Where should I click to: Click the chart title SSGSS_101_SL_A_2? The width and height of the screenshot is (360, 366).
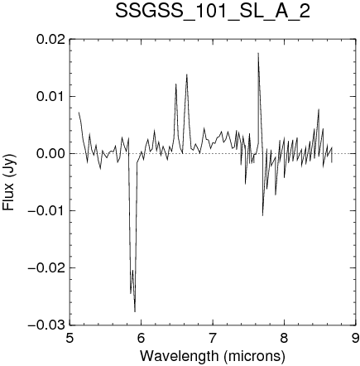[213, 12]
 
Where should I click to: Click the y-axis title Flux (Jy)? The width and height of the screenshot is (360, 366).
[9, 182]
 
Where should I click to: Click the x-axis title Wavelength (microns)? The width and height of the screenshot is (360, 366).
[213, 355]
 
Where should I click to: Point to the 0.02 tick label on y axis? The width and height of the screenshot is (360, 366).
[51, 40]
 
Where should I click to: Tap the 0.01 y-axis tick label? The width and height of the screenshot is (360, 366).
[51, 97]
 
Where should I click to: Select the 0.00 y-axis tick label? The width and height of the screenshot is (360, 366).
[51, 154]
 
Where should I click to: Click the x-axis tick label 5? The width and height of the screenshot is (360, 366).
[70, 338]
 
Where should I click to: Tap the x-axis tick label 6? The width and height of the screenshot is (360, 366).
[142, 338]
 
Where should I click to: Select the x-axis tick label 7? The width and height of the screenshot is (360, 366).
[213, 338]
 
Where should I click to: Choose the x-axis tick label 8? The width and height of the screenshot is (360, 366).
[284, 338]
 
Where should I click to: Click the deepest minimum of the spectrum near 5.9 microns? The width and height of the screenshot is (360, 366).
[135, 312]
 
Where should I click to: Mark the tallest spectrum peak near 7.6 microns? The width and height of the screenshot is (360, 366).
[258, 53]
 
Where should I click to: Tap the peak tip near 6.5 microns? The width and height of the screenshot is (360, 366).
[175, 84]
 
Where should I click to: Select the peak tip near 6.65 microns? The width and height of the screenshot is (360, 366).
[187, 75]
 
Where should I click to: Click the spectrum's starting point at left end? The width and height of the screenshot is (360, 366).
[79, 112]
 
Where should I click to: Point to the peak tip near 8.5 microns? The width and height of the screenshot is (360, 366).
[319, 109]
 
